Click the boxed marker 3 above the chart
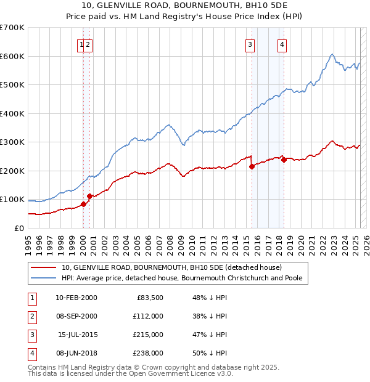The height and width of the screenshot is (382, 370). pyautogui.click(x=250, y=44)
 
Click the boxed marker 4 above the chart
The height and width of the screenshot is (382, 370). pyautogui.click(x=282, y=44)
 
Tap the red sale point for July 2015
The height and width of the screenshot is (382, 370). pyautogui.click(x=252, y=166)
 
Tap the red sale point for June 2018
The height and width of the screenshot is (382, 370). pyautogui.click(x=284, y=160)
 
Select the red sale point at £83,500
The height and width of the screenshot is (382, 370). pyautogui.click(x=84, y=204)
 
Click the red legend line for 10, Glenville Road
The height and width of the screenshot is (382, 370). pyautogui.click(x=44, y=268)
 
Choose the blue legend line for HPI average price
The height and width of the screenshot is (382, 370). pyautogui.click(x=44, y=278)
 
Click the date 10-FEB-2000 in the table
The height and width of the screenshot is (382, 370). pyautogui.click(x=76, y=298)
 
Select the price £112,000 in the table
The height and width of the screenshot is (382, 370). pyautogui.click(x=147, y=316)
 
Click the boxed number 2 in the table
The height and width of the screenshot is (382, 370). pyautogui.click(x=31, y=316)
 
